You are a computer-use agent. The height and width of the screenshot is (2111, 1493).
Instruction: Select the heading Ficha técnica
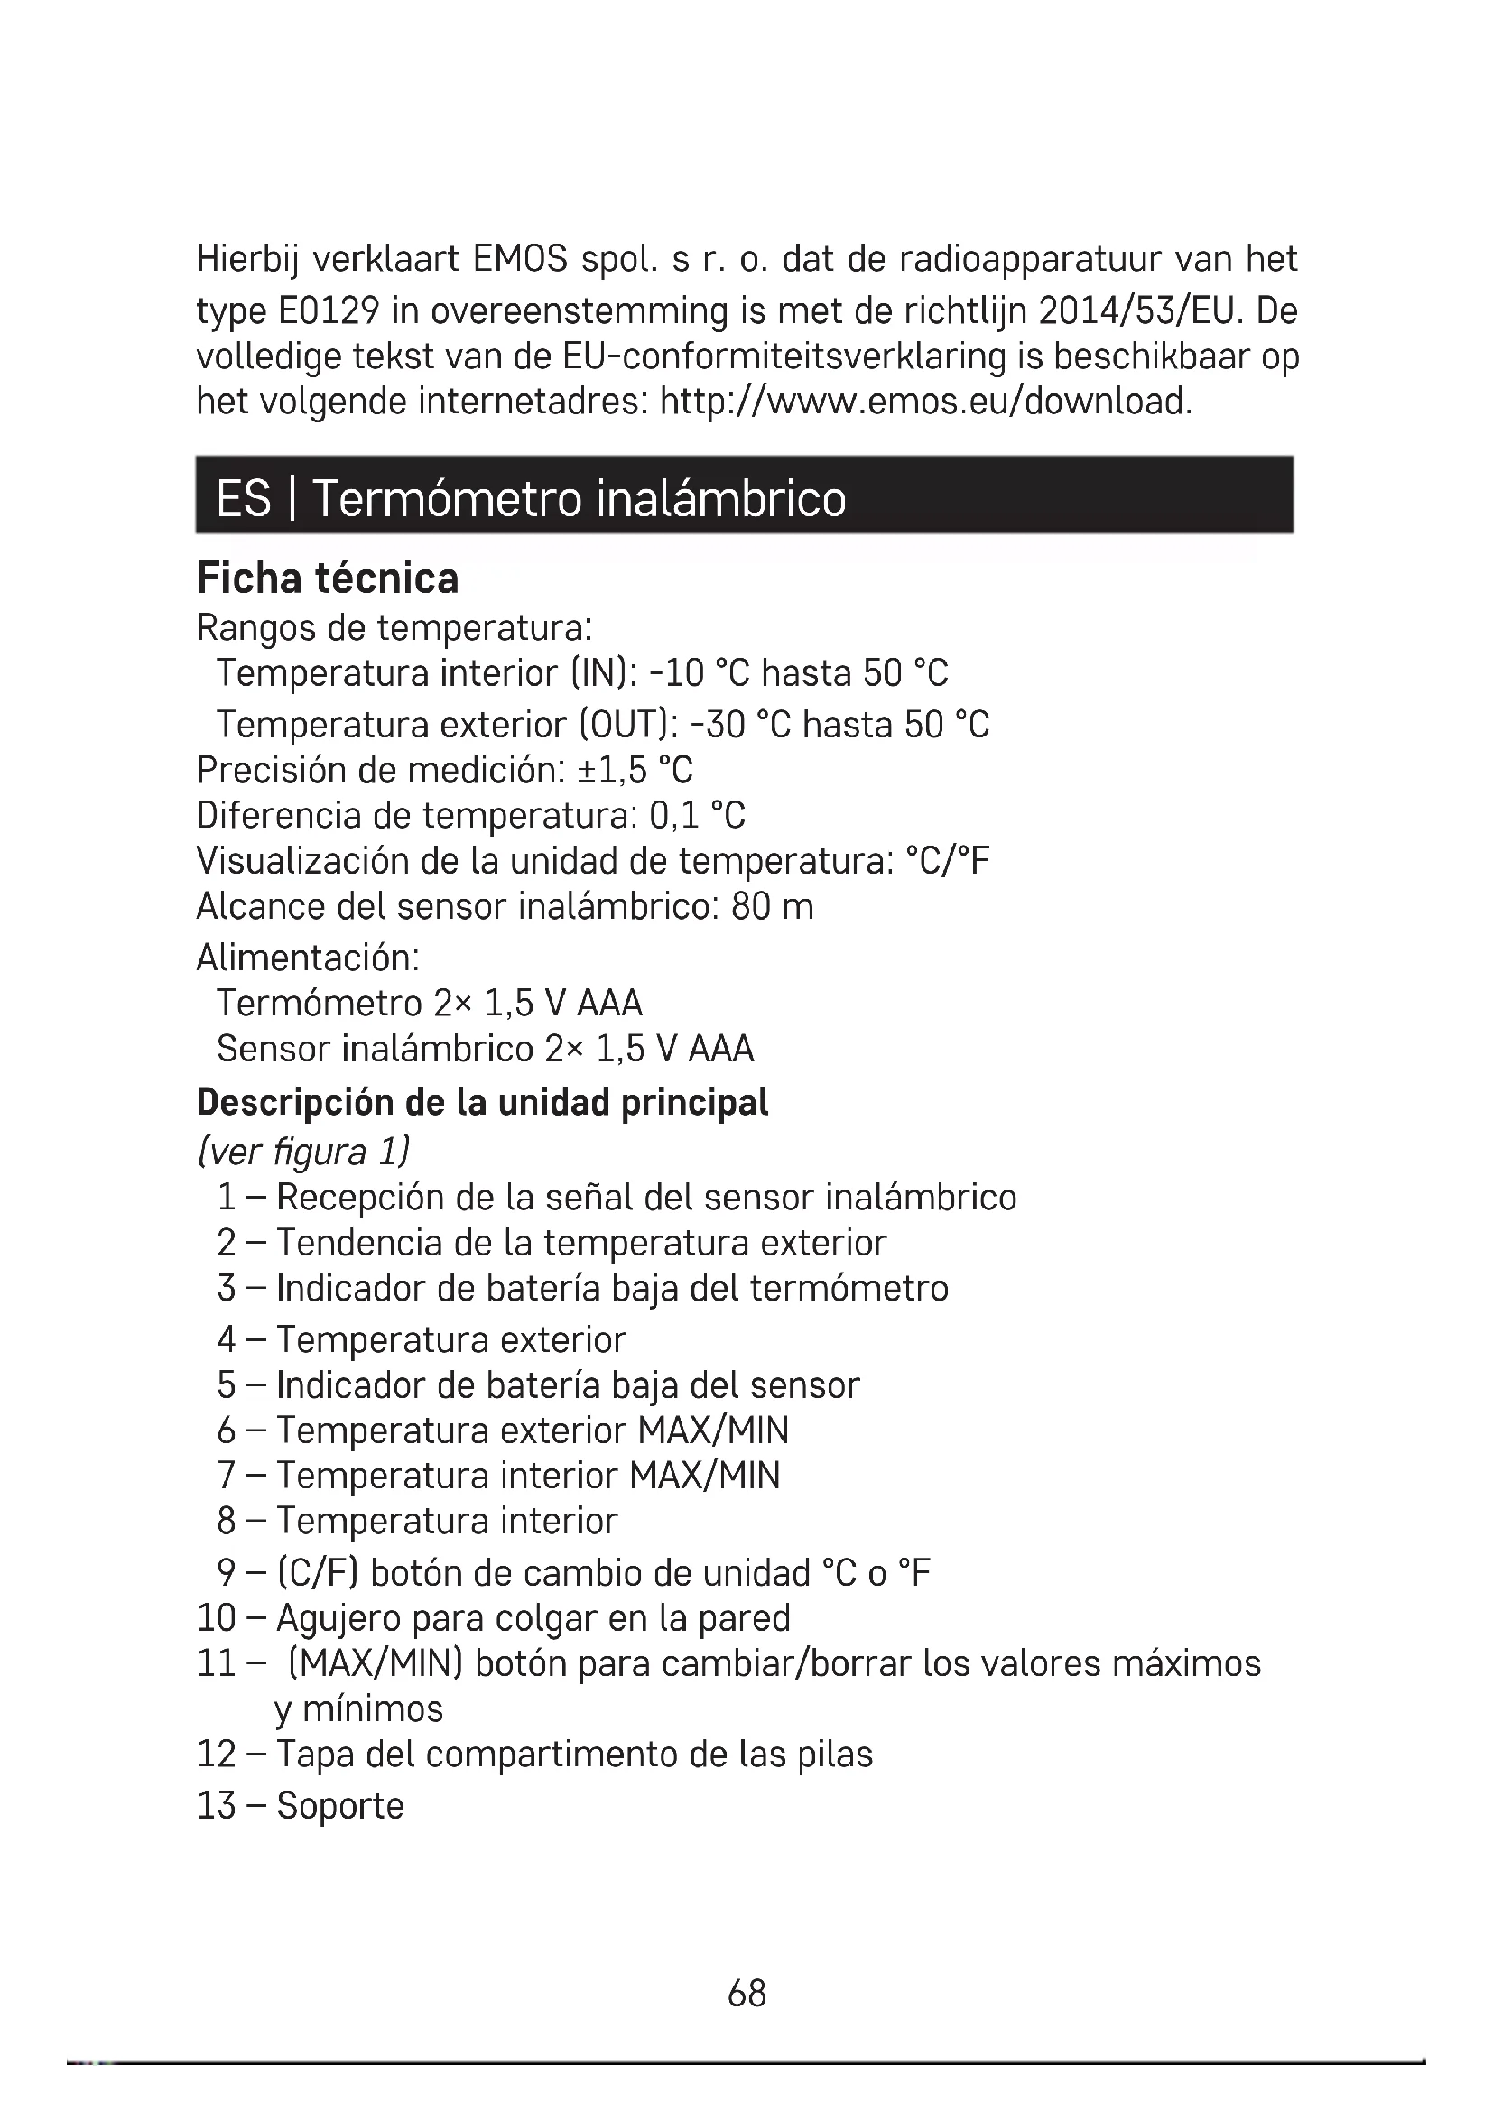tap(328, 579)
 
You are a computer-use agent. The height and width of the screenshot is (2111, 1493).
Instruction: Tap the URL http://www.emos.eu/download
tap(926, 402)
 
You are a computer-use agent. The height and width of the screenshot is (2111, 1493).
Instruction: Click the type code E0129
tap(328, 311)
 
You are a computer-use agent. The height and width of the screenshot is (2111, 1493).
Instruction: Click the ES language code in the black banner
tap(244, 499)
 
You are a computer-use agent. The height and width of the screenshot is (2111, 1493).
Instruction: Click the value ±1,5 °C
tap(635, 770)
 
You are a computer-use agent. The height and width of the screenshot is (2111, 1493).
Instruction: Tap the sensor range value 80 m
tap(773, 907)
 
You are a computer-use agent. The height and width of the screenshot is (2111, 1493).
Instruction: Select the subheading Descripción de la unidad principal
tap(483, 1101)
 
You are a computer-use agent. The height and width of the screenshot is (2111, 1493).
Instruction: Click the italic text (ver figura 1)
tap(303, 1151)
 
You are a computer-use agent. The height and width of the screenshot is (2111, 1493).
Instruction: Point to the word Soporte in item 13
tap(340, 1806)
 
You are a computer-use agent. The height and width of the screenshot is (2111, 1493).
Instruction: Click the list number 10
tap(217, 1617)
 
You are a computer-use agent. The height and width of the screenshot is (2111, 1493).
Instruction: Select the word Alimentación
tap(308, 958)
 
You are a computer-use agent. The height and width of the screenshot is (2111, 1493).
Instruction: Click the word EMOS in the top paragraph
tap(519, 260)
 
